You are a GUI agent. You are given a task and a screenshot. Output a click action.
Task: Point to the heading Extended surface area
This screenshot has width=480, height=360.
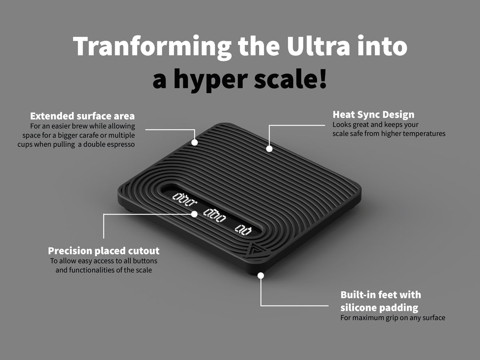point(82,116)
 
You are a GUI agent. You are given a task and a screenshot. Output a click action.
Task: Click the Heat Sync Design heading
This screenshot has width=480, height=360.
point(374,115)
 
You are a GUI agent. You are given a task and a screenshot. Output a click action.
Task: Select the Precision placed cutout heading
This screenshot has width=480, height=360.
point(104,251)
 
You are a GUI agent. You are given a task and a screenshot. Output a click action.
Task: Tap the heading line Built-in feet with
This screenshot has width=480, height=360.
point(381,295)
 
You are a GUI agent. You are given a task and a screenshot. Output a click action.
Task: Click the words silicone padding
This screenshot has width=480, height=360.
point(379,308)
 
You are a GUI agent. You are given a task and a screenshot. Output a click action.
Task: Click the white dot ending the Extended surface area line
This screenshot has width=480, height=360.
point(195,142)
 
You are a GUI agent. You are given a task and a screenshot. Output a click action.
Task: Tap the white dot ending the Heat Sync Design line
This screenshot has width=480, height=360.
point(269,149)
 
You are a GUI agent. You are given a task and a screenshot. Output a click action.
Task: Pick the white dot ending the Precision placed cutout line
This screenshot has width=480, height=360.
point(194,214)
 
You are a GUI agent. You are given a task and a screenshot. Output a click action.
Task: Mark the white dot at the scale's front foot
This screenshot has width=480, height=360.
point(261,276)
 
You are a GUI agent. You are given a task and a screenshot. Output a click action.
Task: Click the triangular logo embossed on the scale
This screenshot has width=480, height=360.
point(255,250)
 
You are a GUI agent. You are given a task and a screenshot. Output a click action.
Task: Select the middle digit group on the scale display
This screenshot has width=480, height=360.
point(214,216)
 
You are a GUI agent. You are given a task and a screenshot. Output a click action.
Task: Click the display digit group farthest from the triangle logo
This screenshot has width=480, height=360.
point(184,199)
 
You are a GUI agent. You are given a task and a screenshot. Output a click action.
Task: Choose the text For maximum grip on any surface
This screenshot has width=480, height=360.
point(393,318)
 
